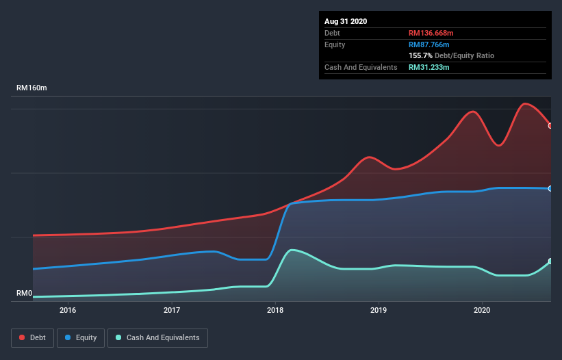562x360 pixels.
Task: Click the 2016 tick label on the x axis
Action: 68,310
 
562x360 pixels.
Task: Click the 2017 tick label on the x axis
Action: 172,310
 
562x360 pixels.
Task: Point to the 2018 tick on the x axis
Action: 275,310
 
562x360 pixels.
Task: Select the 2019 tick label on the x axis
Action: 379,310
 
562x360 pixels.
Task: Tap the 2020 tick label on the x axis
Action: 482,310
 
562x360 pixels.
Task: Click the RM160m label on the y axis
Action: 32,88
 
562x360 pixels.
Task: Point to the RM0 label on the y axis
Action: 25,293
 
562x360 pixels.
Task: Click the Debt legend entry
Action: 31,337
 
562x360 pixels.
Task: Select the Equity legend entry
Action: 81,337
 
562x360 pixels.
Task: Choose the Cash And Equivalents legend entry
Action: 157,337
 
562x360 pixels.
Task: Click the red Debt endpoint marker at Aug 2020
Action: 550,125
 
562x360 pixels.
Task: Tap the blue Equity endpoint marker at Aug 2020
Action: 550,188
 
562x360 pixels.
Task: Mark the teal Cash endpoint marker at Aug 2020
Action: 550,261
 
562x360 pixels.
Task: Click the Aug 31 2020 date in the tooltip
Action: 346,21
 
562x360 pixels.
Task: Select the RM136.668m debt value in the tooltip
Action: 431,33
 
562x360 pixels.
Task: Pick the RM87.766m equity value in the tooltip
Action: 429,44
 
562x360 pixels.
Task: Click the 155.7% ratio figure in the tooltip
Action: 420,55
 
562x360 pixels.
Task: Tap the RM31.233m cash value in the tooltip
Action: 429,67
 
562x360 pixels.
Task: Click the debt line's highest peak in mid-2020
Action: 525,104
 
